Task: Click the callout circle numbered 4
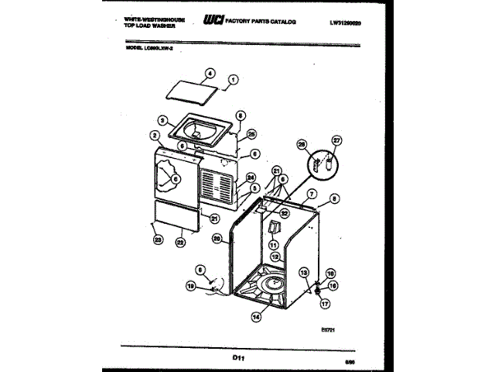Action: tap(209, 75)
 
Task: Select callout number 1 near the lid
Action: tap(234, 78)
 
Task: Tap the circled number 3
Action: tap(163, 121)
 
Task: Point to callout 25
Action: tap(251, 133)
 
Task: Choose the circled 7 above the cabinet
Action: tap(312, 194)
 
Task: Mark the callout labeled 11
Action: tap(273, 244)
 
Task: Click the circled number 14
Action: tap(256, 315)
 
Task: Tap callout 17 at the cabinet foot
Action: tap(325, 305)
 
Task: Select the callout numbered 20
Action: tap(217, 239)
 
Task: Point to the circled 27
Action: tap(336, 140)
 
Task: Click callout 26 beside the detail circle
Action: tap(302, 145)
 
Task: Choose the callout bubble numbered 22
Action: tap(179, 242)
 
